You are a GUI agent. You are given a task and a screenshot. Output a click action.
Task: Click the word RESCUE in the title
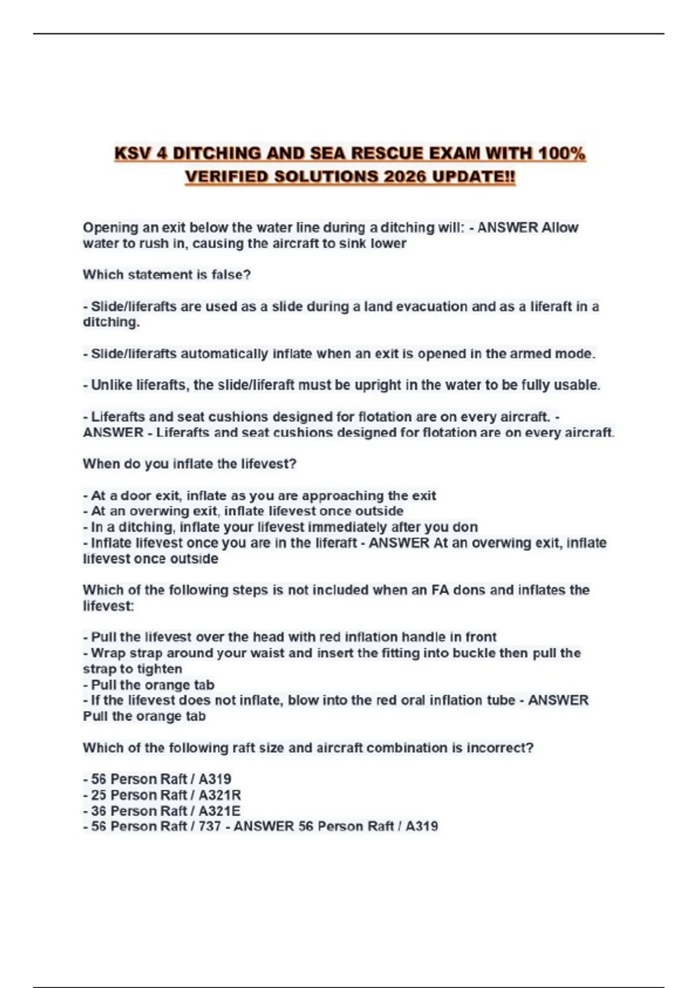[387, 153]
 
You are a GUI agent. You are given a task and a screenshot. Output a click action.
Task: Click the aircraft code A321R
[220, 795]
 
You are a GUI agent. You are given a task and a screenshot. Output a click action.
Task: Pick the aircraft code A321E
[219, 811]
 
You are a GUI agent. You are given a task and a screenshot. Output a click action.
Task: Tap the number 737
[210, 826]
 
